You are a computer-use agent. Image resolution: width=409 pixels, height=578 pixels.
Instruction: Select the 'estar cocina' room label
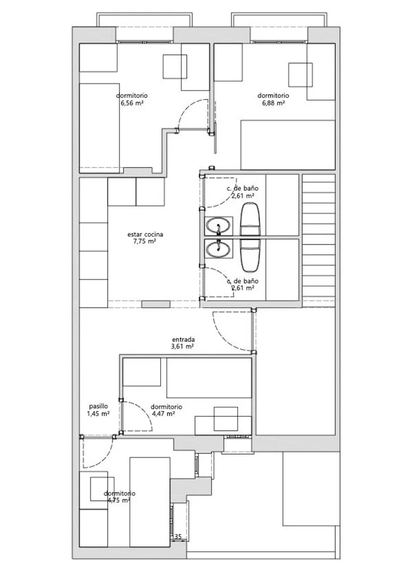pyautogui.click(x=145, y=234)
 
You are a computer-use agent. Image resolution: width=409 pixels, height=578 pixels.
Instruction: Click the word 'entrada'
pyautogui.click(x=183, y=339)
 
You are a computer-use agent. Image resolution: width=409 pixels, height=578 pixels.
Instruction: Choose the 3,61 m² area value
pyautogui.click(x=183, y=347)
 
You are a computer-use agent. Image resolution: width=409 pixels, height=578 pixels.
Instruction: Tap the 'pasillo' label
pyautogui.click(x=99, y=406)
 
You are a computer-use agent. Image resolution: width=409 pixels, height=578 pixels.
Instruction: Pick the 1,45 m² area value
pyautogui.click(x=98, y=414)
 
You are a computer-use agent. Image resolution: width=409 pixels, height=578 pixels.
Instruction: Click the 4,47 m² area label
pyautogui.click(x=163, y=414)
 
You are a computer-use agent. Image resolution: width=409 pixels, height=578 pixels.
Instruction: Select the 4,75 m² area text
pyautogui.click(x=119, y=500)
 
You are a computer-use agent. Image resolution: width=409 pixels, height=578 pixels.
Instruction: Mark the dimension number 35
pyautogui.click(x=178, y=537)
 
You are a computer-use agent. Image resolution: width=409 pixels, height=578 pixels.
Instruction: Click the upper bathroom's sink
pyautogui.click(x=219, y=226)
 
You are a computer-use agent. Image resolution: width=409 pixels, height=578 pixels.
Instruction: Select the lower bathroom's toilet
pyautogui.click(x=250, y=254)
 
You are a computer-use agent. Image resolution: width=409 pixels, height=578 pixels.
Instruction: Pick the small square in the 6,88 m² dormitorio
pyautogui.click(x=300, y=75)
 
